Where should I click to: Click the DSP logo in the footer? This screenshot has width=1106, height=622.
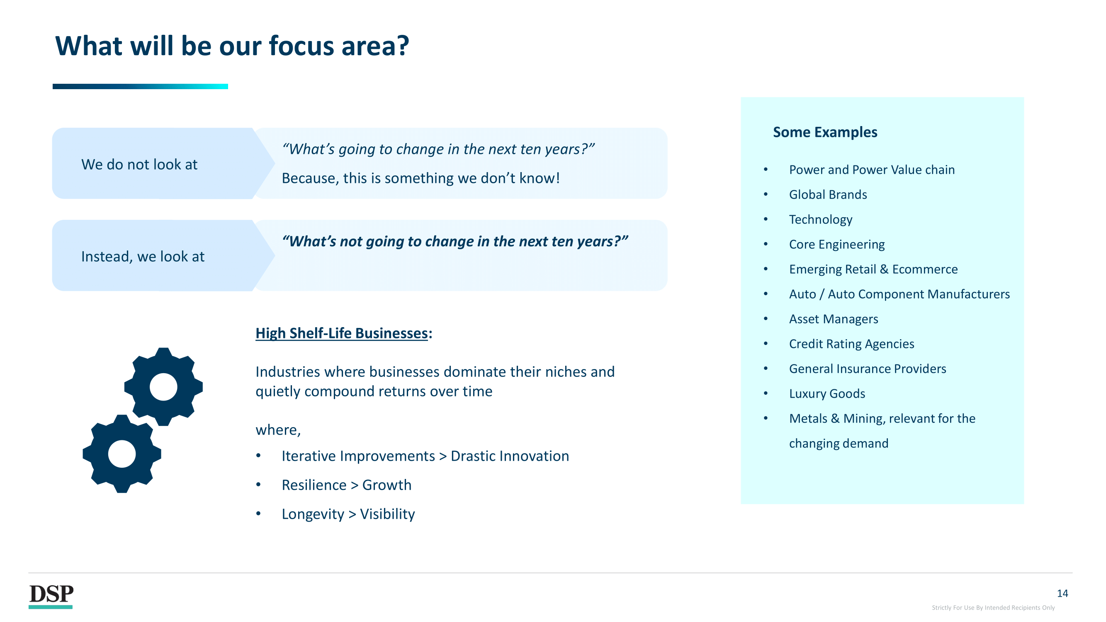click(x=51, y=596)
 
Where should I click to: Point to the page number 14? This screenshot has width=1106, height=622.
click(x=1062, y=593)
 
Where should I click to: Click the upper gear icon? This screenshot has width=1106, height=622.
click(x=163, y=387)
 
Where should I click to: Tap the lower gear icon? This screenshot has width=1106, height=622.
click(x=122, y=454)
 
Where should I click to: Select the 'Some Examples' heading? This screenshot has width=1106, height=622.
click(x=825, y=132)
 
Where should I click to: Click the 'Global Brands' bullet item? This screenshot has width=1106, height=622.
click(x=828, y=194)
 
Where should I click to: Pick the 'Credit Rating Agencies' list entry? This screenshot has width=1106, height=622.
click(x=851, y=344)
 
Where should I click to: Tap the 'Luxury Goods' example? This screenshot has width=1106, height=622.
click(x=827, y=394)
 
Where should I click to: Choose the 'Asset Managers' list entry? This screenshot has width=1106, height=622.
click(x=834, y=319)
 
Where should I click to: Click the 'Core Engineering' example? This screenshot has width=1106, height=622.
click(x=837, y=244)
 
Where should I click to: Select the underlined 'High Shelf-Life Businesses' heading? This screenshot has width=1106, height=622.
click(x=341, y=333)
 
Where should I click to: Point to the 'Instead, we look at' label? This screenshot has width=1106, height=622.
click(x=143, y=257)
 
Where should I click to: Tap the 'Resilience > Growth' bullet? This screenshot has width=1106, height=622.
click(x=347, y=485)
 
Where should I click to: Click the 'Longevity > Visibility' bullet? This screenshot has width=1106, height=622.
click(x=348, y=514)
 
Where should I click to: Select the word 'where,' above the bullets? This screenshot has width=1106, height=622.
click(x=278, y=430)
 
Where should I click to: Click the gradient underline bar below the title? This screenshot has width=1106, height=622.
click(x=141, y=86)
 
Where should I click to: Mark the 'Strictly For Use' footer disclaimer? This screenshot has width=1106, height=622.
click(x=993, y=607)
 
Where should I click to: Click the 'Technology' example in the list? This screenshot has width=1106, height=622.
click(x=821, y=219)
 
